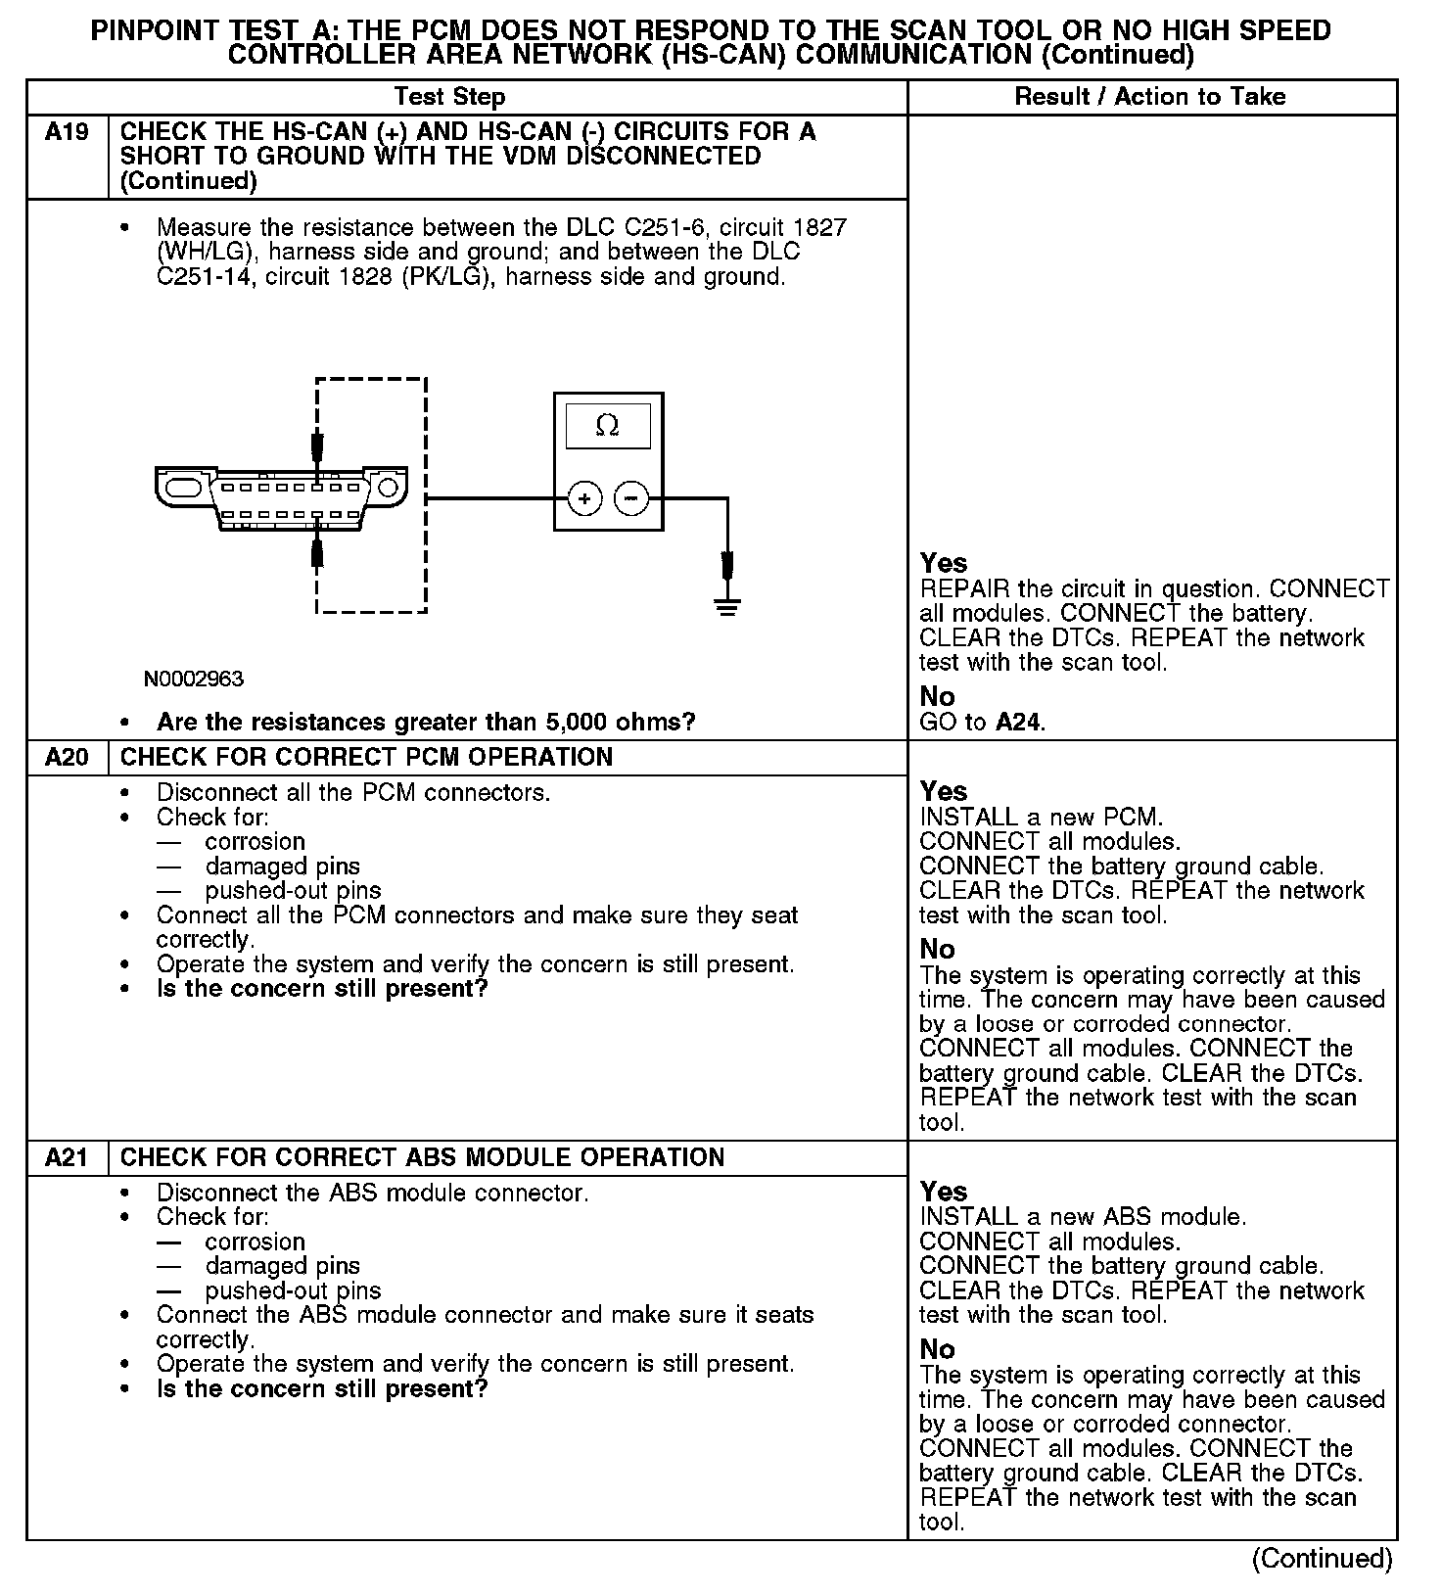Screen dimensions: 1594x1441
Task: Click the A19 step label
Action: point(67,132)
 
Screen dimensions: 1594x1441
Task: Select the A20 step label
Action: point(67,757)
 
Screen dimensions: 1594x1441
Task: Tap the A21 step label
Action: point(67,1157)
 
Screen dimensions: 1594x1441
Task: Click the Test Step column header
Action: point(449,97)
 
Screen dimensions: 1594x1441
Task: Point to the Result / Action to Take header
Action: point(1150,97)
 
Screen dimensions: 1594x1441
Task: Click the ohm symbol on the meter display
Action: point(607,426)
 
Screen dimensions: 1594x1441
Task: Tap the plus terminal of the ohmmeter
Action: point(584,499)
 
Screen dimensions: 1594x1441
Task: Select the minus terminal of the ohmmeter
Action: point(631,499)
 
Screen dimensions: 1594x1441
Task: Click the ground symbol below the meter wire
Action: point(727,607)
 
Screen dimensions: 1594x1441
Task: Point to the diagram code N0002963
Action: point(194,679)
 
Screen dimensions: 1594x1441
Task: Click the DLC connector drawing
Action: point(280,499)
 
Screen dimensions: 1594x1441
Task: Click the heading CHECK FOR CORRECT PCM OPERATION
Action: point(366,757)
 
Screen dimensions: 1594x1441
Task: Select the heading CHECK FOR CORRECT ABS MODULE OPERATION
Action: point(422,1157)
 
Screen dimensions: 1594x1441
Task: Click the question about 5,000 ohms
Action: point(426,723)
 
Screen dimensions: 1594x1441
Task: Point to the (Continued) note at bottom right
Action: point(1322,1559)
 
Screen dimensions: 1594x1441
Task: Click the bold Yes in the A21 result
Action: point(944,1192)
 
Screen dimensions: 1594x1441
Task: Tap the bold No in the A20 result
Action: point(937,949)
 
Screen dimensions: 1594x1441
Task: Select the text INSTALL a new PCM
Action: point(1042,817)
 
